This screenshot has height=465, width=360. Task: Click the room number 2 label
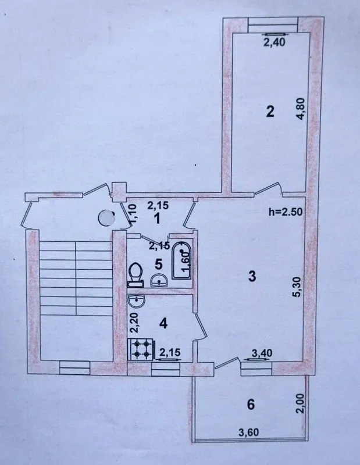click(x=270, y=112)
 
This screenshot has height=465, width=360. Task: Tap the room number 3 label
click(x=252, y=276)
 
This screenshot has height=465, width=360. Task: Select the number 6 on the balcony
click(x=251, y=404)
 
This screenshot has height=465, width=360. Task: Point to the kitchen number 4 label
click(x=163, y=323)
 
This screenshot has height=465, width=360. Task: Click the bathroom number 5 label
click(x=159, y=264)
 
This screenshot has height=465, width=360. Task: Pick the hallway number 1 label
click(x=156, y=219)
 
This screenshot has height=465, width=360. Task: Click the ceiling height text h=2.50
click(x=285, y=212)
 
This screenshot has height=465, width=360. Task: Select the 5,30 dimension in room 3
click(x=298, y=287)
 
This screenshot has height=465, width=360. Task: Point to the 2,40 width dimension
click(x=275, y=42)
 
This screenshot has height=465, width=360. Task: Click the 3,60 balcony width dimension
click(x=249, y=432)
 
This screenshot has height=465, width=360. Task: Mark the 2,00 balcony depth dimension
click(x=300, y=403)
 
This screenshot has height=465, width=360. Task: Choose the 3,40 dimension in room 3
click(x=262, y=353)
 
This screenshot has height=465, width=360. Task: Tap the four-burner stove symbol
click(x=140, y=349)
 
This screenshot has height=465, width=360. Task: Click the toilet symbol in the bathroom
click(x=136, y=274)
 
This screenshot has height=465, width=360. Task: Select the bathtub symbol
click(x=181, y=260)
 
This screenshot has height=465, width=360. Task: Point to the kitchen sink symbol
click(x=137, y=302)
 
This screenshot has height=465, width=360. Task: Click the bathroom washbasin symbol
click(x=159, y=281)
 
